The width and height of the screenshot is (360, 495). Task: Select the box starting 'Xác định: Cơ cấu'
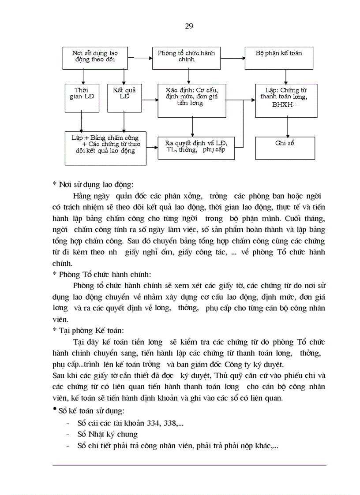pos(192,100)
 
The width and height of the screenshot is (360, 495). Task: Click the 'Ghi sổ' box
pos(285,148)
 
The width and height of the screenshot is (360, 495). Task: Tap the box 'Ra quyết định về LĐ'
pos(197,148)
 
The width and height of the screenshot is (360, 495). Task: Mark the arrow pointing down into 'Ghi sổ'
pos(288,128)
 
